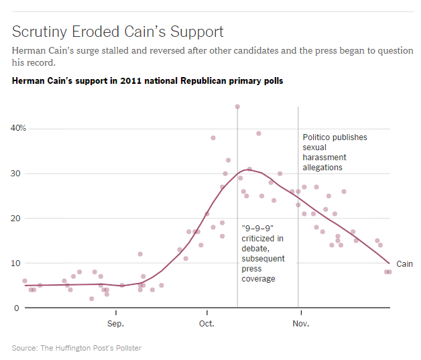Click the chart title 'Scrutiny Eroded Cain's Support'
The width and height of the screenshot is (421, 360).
pos(118,32)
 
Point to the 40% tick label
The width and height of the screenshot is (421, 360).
pos(18,128)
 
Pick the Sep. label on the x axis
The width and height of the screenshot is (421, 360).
pos(116,323)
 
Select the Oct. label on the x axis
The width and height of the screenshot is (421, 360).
pos(207,323)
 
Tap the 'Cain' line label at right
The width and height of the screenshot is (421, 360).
pos(404,264)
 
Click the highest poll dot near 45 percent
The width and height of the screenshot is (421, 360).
pos(237,107)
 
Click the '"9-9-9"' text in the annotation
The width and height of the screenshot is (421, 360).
pos(255,228)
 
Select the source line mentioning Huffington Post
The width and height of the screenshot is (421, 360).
pos(76,348)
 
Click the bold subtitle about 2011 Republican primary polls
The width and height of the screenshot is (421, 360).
pos(147,81)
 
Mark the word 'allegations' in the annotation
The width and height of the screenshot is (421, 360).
pos(322,168)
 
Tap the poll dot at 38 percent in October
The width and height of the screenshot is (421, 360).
pos(213,138)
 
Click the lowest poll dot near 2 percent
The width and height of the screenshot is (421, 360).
pos(92,299)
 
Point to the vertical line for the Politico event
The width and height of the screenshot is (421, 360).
pos(298,201)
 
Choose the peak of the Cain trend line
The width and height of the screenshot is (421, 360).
pos(249,170)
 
